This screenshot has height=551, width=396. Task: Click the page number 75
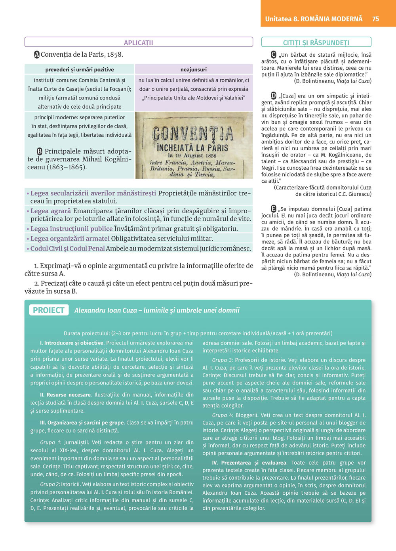375,19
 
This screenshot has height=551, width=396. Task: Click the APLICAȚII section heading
138,43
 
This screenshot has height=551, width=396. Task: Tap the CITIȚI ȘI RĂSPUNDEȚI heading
316,43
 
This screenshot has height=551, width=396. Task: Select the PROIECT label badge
49,310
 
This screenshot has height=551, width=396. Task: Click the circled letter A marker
37,55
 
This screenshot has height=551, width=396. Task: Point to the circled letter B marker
40,151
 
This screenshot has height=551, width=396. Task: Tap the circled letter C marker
274,55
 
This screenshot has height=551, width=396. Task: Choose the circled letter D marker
274,96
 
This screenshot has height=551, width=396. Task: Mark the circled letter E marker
274,209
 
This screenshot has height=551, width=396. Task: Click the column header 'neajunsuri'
194,69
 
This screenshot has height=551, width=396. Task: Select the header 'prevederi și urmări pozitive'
80,69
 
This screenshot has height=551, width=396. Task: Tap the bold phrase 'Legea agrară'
50,211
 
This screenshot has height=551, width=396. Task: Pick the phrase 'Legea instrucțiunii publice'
71,229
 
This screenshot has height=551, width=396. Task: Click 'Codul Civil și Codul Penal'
67,249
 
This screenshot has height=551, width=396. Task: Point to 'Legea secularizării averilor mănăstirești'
93,193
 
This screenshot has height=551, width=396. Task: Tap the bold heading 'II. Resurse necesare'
65,395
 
